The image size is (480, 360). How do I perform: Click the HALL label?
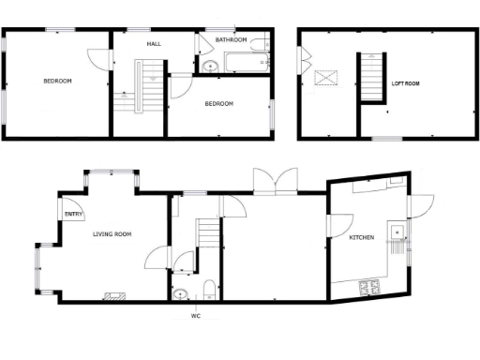tap(155, 44)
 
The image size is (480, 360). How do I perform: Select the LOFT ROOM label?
tap(405, 83)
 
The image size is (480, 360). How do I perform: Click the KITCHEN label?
tap(362, 238)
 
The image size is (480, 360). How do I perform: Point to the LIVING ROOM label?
tap(112, 234)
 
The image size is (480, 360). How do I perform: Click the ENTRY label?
tap(73, 214)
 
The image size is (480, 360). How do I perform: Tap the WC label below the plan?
tap(196, 316)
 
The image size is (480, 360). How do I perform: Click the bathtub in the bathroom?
tap(246, 63)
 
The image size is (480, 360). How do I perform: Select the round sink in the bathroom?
tap(210, 66)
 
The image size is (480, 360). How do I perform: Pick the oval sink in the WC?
tap(180, 294)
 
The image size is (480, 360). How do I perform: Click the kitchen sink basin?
tap(398, 232)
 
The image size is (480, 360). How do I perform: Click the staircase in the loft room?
tap(371, 77)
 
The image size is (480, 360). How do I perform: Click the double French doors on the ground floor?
tap(274, 181)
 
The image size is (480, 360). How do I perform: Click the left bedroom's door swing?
tap(98, 57)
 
